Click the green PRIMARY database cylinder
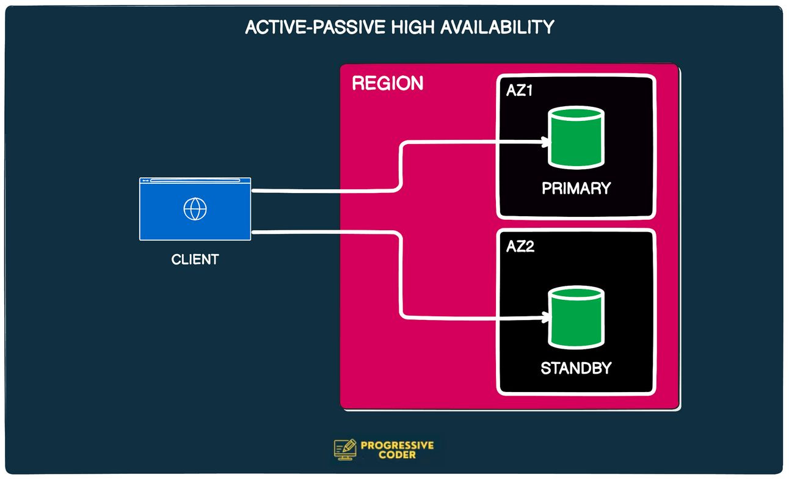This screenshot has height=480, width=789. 576,137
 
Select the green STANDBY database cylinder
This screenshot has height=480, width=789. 576,318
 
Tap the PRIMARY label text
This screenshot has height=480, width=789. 576,188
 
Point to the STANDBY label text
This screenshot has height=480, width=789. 576,368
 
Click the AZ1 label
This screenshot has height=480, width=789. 519,90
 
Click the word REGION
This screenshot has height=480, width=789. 387,83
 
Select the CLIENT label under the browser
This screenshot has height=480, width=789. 195,260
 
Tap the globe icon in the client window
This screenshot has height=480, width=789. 195,209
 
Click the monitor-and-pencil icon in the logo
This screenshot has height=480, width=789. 345,449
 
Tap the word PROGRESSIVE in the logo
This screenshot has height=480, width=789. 397,445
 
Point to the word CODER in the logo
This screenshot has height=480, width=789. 397,456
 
